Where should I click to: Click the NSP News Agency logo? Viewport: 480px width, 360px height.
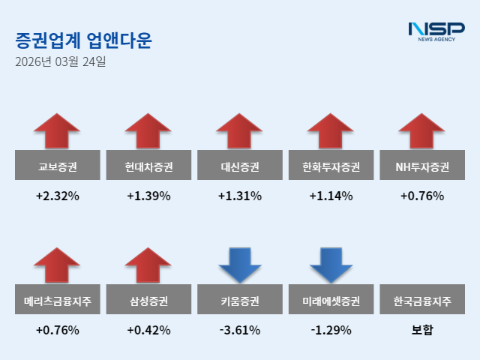(x=436, y=31)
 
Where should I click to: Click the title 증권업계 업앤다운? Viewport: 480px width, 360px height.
(x=82, y=40)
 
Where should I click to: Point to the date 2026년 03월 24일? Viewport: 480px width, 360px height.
(x=60, y=62)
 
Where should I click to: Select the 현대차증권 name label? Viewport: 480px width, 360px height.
(x=148, y=166)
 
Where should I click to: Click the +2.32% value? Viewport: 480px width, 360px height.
(x=57, y=196)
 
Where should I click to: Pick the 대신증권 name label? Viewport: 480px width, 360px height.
(x=240, y=166)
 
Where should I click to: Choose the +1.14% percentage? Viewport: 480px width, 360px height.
(x=331, y=196)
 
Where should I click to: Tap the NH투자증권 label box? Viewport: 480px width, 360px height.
(x=423, y=166)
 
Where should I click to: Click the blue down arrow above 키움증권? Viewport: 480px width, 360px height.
(x=240, y=265)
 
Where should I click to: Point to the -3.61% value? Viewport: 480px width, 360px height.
(x=240, y=330)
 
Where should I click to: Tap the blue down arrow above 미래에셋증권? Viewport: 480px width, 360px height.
(x=331, y=265)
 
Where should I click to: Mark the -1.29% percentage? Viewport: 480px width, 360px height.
(x=331, y=330)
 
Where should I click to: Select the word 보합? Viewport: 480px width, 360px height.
(x=423, y=330)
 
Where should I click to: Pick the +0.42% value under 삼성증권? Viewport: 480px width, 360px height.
(x=148, y=330)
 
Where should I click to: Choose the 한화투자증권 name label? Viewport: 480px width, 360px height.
(x=331, y=166)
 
